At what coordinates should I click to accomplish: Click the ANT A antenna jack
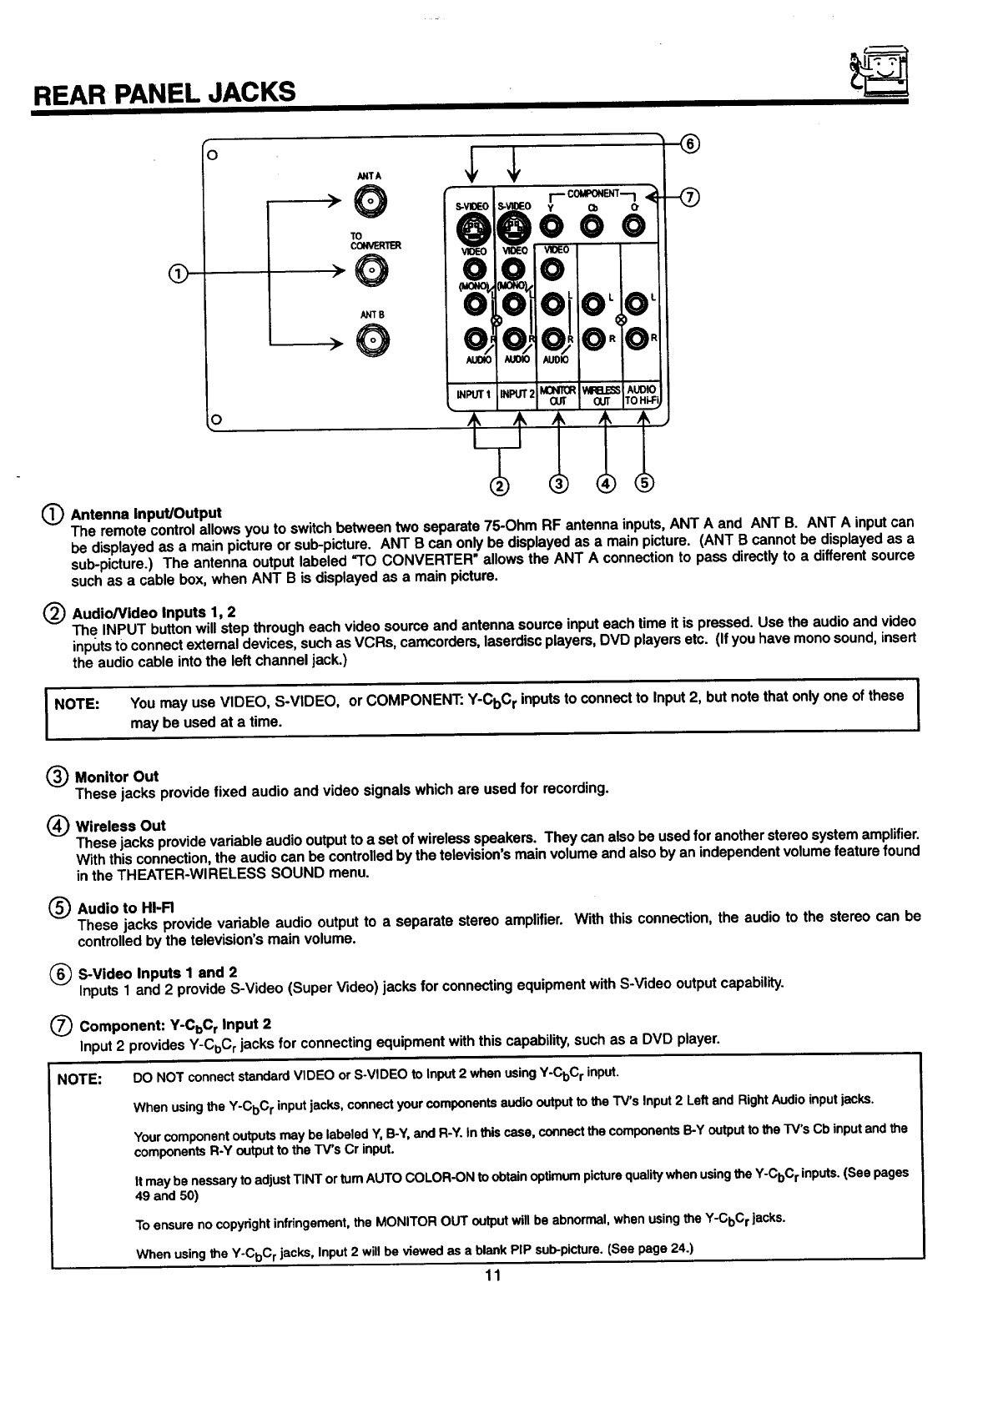[370, 201]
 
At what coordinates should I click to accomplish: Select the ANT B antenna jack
[370, 338]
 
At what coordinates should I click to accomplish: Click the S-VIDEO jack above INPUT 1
[473, 226]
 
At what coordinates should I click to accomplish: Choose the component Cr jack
[634, 226]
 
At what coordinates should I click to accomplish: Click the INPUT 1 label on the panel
[472, 394]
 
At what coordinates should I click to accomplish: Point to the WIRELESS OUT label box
[601, 395]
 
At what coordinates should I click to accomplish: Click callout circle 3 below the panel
[558, 483]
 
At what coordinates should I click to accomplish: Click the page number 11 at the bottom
[491, 1275]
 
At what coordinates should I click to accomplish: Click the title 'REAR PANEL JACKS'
[164, 90]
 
